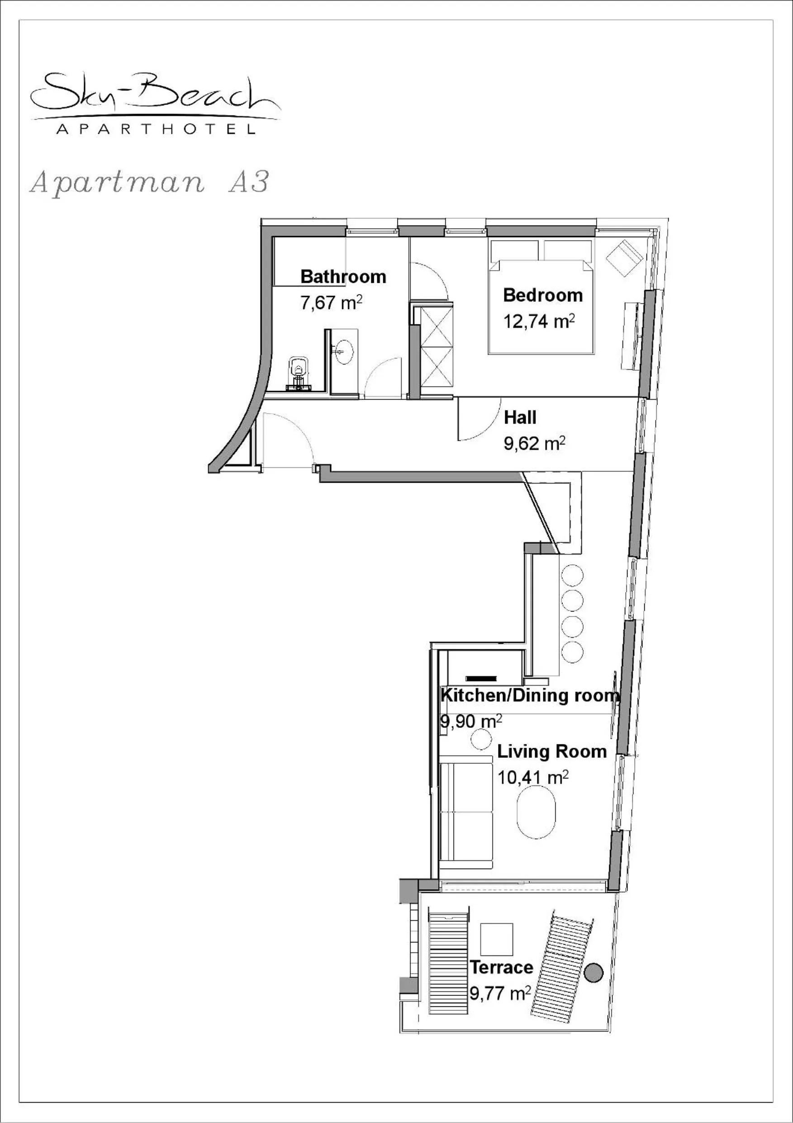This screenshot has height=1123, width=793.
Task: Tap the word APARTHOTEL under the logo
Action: (156, 129)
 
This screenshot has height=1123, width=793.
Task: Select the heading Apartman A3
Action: (150, 183)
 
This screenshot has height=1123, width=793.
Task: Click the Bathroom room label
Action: (343, 277)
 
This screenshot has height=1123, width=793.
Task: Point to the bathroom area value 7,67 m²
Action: (331, 303)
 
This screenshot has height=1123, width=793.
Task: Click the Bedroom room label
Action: (543, 296)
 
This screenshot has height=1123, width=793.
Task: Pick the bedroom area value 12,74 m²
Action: (539, 322)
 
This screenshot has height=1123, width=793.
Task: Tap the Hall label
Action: (520, 418)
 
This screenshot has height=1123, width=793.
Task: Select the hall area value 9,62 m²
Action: (534, 444)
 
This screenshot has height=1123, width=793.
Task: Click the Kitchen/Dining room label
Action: (530, 695)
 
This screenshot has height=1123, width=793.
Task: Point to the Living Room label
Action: (551, 751)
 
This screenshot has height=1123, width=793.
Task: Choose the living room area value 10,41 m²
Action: (533, 777)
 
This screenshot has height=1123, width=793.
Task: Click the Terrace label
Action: (501, 967)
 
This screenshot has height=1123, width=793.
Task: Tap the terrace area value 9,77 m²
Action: (500, 994)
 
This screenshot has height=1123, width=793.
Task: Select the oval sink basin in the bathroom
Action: (344, 352)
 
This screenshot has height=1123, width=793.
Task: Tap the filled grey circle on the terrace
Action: (594, 972)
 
